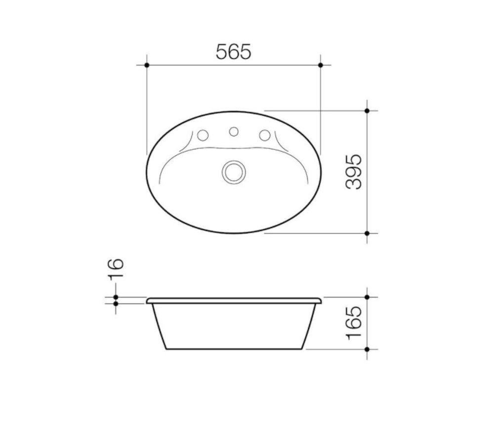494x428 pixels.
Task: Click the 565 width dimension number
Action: coord(234,51)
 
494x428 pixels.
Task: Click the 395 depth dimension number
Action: coord(354,171)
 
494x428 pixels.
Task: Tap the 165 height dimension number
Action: coord(354,323)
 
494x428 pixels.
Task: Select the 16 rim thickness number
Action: coord(116,269)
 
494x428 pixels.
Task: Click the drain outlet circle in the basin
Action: coord(234,172)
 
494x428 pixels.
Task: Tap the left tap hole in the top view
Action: coord(203,135)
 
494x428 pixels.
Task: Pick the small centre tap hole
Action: coord(234,131)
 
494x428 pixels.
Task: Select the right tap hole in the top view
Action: coord(265,135)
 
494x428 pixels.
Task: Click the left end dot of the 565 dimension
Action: coord(147,65)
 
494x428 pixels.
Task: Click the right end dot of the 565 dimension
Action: coord(321,65)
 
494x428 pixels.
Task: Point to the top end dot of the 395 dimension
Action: coord(367,111)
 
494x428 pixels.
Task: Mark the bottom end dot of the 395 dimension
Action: coord(367,233)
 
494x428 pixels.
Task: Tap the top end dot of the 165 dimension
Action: coord(367,297)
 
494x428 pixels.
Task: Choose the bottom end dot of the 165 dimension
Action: coord(367,349)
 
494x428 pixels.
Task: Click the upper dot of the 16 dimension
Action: coord(116,297)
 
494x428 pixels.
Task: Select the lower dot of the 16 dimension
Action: coord(116,303)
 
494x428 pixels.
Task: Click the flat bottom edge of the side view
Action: coord(234,349)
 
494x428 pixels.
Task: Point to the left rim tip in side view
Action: coord(148,300)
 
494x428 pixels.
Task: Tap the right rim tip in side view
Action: coord(320,300)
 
